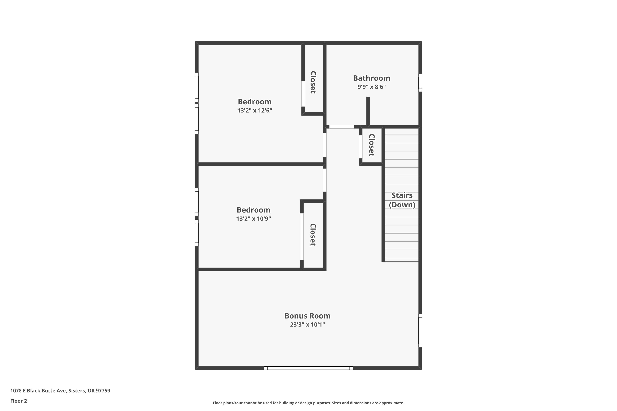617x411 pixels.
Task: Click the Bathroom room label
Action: click(371, 78)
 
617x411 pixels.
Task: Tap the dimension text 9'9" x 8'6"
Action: click(371, 87)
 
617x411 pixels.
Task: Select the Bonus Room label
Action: click(307, 316)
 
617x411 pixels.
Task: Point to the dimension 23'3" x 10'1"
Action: click(307, 324)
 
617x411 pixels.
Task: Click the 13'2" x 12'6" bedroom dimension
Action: click(254, 110)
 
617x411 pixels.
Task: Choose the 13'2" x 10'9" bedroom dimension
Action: click(253, 219)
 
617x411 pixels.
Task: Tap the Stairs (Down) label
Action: click(402, 200)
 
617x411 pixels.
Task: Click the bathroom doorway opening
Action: click(342, 127)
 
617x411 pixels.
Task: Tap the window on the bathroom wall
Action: click(420, 83)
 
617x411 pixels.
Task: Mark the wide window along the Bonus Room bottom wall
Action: click(308, 368)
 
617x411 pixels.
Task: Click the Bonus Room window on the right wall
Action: click(420, 330)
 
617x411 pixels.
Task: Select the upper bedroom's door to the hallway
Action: click(325, 145)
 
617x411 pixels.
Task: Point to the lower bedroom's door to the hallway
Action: click(325, 180)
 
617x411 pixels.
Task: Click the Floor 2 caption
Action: click(19, 401)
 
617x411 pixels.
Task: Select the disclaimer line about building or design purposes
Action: click(308, 403)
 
